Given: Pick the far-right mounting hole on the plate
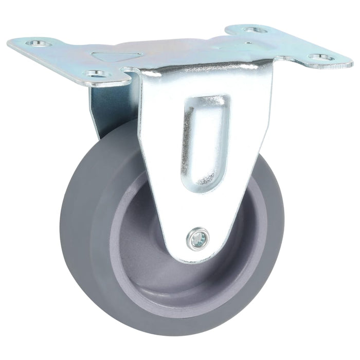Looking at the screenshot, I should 320,57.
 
